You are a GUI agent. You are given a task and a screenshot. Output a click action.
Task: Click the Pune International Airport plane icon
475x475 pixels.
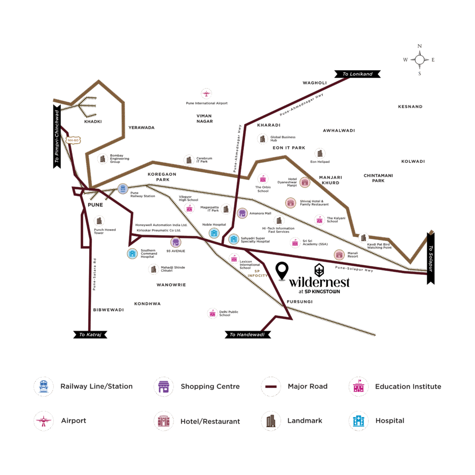tap(206, 93)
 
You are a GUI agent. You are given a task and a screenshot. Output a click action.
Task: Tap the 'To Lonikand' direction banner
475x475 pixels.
tap(357, 74)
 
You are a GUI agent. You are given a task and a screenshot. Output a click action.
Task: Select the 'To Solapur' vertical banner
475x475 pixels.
tap(430, 258)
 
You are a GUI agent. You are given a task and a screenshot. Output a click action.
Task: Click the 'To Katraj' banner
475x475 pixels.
tap(90, 334)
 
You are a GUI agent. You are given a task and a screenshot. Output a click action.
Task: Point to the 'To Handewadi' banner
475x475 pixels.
tap(247, 334)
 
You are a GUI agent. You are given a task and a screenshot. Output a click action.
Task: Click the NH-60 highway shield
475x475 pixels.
tap(73, 140)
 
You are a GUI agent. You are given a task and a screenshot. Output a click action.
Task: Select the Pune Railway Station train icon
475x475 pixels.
tap(122, 188)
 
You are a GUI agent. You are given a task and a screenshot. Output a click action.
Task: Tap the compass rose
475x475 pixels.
tap(419, 59)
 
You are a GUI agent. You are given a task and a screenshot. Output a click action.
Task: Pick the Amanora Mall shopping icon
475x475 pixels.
tap(242, 213)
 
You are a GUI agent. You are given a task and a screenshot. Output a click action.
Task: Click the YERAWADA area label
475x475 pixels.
tap(141, 128)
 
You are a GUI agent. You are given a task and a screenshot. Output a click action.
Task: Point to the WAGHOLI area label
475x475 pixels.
tap(315, 83)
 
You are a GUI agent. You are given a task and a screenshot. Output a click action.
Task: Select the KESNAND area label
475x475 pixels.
tap(410, 107)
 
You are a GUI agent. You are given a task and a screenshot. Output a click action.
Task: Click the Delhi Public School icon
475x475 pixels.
tap(212, 313)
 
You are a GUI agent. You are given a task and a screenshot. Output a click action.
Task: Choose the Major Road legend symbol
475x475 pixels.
tap(270, 386)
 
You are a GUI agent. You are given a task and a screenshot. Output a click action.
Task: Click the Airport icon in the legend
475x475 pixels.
tap(44, 421)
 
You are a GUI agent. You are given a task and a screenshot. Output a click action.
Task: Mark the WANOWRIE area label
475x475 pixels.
tap(171, 284)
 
